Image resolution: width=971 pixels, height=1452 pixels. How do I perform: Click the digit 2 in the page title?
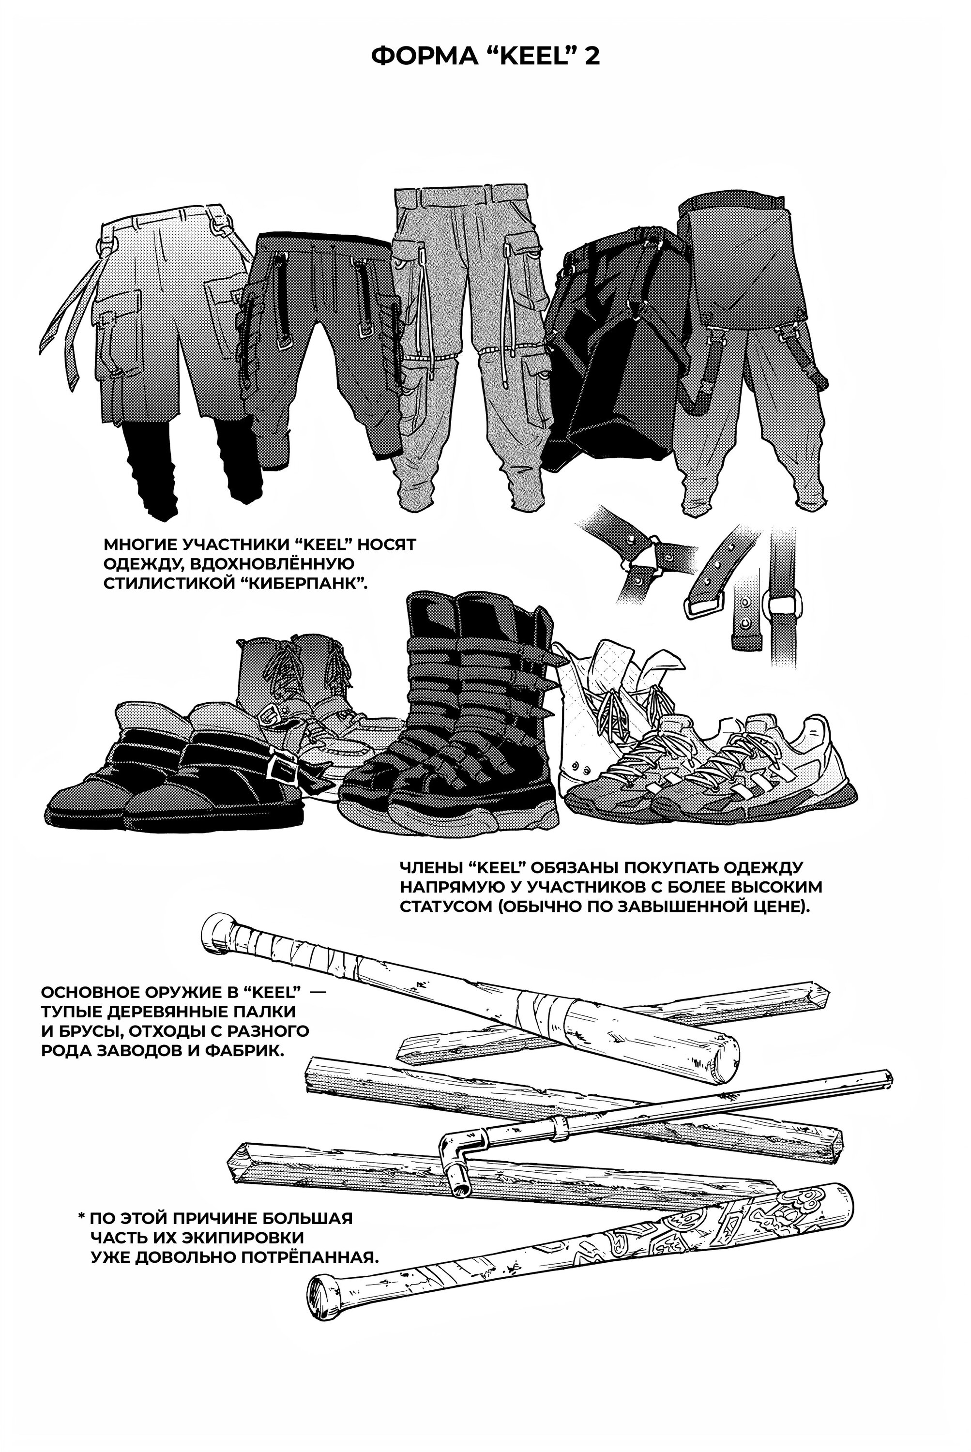click(592, 56)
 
